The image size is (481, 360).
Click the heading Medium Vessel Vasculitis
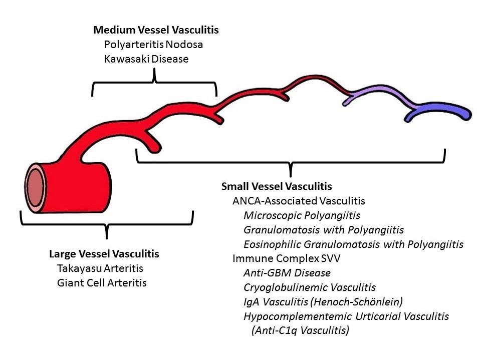pyautogui.click(x=156, y=30)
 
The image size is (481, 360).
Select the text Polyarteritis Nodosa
pyautogui.click(x=153, y=45)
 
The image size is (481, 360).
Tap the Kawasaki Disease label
pyautogui.click(x=146, y=59)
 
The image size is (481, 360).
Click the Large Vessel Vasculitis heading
pyautogui.click(x=104, y=254)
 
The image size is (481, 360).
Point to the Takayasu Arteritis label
pyautogui.click(x=100, y=268)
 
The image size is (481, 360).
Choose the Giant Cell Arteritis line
pyautogui.click(x=102, y=283)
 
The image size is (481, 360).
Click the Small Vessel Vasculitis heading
pyautogui.click(x=277, y=187)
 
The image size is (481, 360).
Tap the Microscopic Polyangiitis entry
pyautogui.click(x=302, y=216)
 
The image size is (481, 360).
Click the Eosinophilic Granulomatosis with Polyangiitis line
pyautogui.click(x=353, y=245)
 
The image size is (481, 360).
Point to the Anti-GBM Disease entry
pyautogui.click(x=287, y=273)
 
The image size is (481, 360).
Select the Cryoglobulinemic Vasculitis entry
pyautogui.click(x=310, y=288)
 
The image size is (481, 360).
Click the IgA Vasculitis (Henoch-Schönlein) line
pyautogui.click(x=323, y=302)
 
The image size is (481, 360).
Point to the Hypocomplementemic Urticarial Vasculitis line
pyautogui.click(x=346, y=316)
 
